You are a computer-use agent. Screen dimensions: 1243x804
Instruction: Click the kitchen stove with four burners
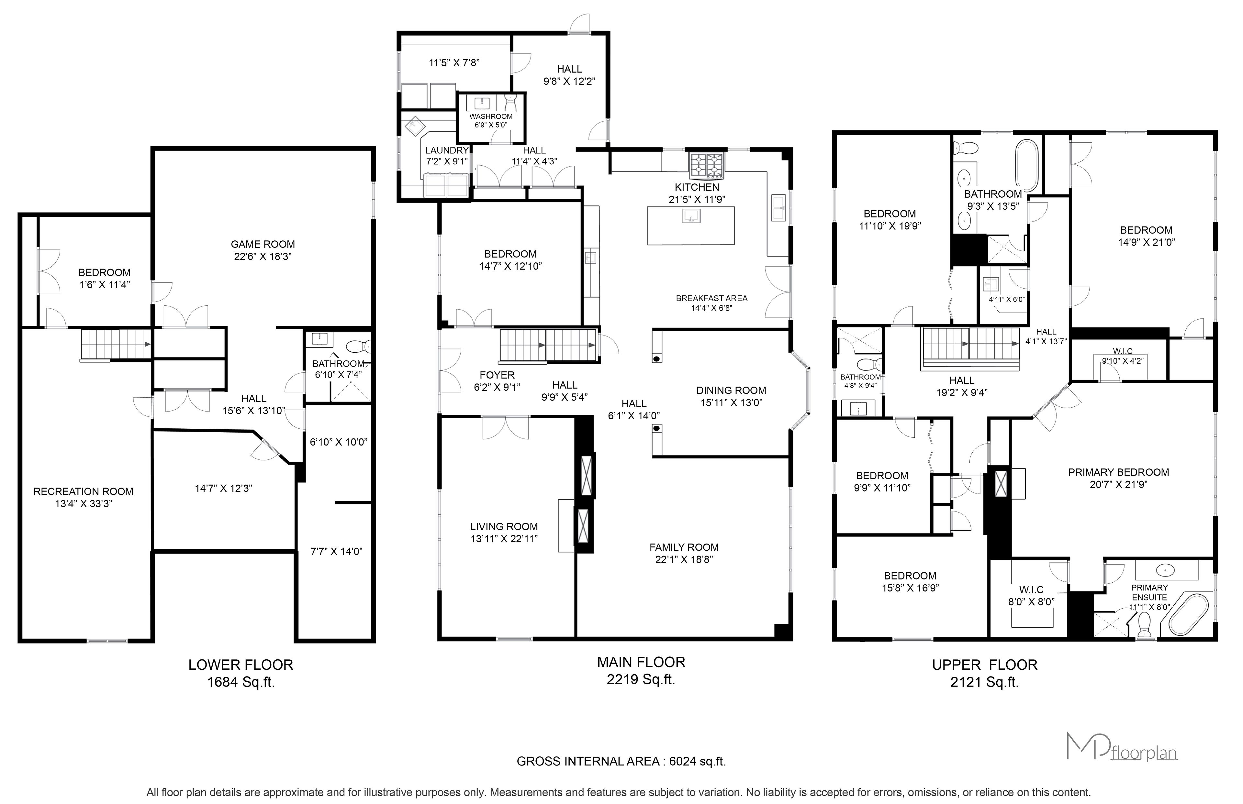pos(707,166)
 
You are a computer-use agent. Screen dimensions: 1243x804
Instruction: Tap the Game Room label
pos(263,244)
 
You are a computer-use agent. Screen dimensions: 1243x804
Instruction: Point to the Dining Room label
pos(731,391)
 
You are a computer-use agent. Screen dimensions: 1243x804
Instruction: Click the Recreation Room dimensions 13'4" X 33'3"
pos(84,504)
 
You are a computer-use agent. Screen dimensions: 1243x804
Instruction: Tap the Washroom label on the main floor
pos(491,117)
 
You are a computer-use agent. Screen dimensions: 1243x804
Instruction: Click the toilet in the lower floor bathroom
pos(359,346)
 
